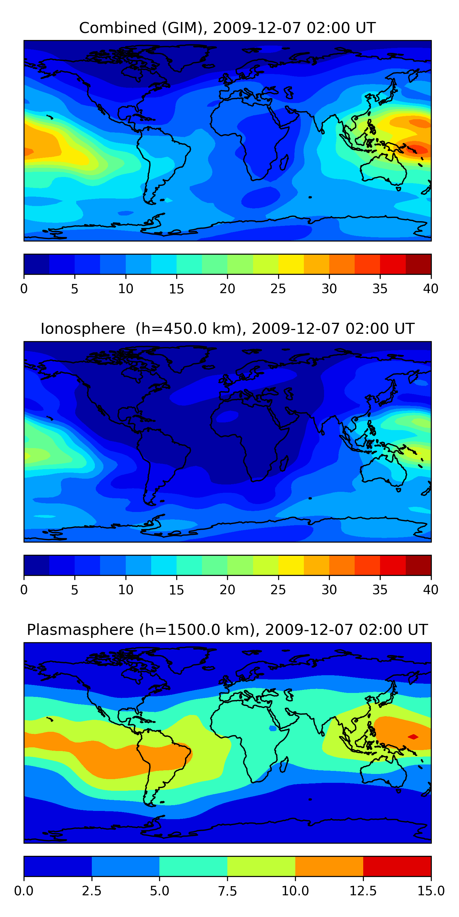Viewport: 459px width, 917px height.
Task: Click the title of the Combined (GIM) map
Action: (227, 28)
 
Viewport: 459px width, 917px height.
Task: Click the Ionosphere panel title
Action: (227, 329)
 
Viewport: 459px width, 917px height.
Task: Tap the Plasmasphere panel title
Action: (227, 630)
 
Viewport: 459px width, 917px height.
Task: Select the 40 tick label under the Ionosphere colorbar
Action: (431, 590)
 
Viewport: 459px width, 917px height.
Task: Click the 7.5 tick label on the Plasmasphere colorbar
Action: (227, 891)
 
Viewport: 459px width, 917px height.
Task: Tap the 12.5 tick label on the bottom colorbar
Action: (363, 891)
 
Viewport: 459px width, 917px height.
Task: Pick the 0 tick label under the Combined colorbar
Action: (24, 289)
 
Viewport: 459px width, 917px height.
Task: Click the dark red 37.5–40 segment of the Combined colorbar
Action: (418, 264)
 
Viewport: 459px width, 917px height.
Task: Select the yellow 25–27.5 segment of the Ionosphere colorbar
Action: (291, 565)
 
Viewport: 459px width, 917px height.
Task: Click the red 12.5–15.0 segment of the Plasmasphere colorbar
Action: (397, 866)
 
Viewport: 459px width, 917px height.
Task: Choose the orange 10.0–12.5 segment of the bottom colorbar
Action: (329, 866)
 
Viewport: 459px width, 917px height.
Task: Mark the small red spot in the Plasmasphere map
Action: (413, 737)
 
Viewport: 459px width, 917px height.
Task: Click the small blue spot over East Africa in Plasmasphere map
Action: (273, 728)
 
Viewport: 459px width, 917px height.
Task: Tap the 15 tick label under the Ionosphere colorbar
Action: (176, 590)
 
